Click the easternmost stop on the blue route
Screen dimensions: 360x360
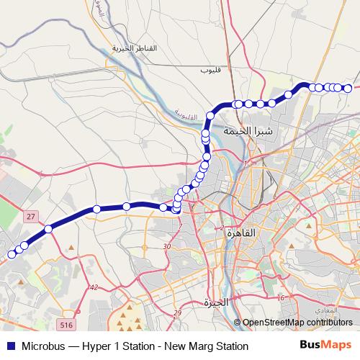coord(348,89)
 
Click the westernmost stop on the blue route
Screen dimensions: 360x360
coord(10,254)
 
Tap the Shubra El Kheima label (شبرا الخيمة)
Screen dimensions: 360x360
coord(248,131)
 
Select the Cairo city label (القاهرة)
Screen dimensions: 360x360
coord(240,233)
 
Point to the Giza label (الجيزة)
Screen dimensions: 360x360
coord(215,302)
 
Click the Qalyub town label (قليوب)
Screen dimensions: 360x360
coord(211,72)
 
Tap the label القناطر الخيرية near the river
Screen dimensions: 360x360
coord(134,48)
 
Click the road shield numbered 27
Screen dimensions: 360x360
coord(30,216)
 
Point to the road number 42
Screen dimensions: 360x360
coord(94,287)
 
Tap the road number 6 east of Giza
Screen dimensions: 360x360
coord(283,297)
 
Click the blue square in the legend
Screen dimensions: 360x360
coord(9,346)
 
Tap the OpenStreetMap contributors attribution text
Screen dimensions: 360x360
coord(297,323)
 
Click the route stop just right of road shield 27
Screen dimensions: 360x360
coord(48,229)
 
